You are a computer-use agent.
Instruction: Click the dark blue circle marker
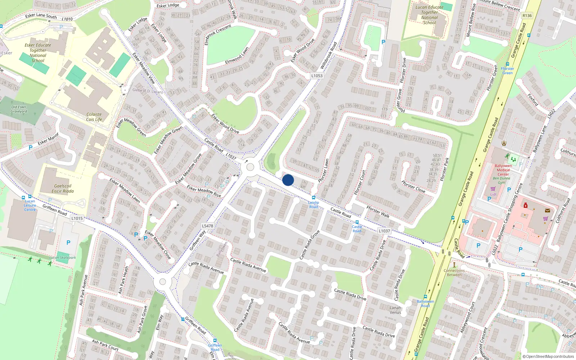click(x=288, y=180)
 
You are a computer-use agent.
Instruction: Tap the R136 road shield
click(x=527, y=15)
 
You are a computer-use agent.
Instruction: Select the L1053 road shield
click(x=317, y=76)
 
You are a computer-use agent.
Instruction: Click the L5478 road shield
click(x=207, y=226)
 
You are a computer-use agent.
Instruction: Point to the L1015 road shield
click(x=77, y=218)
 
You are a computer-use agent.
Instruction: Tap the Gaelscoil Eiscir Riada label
click(x=63, y=189)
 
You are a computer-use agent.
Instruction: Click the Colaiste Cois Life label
click(x=94, y=117)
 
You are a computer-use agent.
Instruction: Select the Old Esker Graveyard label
click(x=19, y=109)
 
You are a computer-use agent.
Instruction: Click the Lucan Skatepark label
click(x=63, y=258)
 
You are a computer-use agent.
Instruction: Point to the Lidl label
click(x=493, y=194)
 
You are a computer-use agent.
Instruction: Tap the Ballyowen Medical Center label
click(x=503, y=170)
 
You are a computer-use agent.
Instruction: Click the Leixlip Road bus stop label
click(x=314, y=204)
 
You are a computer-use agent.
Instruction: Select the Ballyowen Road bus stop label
click(x=425, y=303)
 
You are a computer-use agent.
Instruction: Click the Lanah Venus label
click(x=395, y=310)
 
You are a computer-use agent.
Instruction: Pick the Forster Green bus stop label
click(x=507, y=71)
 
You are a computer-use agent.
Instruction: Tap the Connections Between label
click(x=454, y=273)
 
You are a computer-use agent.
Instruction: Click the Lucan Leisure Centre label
click(x=30, y=205)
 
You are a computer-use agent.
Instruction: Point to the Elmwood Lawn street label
click(x=237, y=56)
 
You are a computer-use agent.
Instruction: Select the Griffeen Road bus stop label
click(x=215, y=347)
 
